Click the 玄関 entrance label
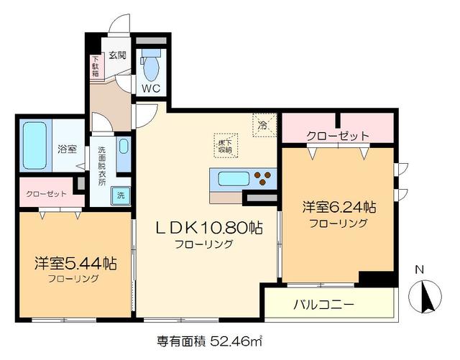[117, 55]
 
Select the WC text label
[150, 89]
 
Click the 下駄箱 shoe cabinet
[96, 66]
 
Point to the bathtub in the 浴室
[35, 146]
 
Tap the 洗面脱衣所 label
[102, 166]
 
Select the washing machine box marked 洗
[121, 195]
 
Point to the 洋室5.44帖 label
[75, 263]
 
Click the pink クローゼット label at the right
[337, 135]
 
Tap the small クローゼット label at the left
[46, 194]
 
